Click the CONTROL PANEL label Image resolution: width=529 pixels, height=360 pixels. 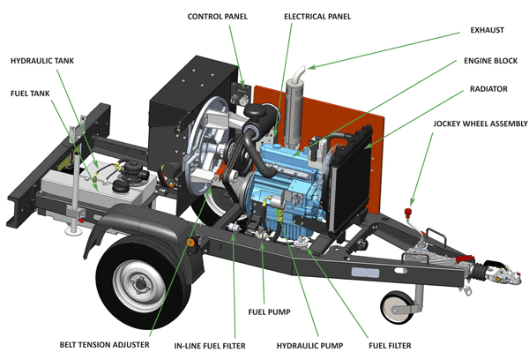coord(216,17)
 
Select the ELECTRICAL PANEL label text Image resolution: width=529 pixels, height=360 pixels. coord(317,17)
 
